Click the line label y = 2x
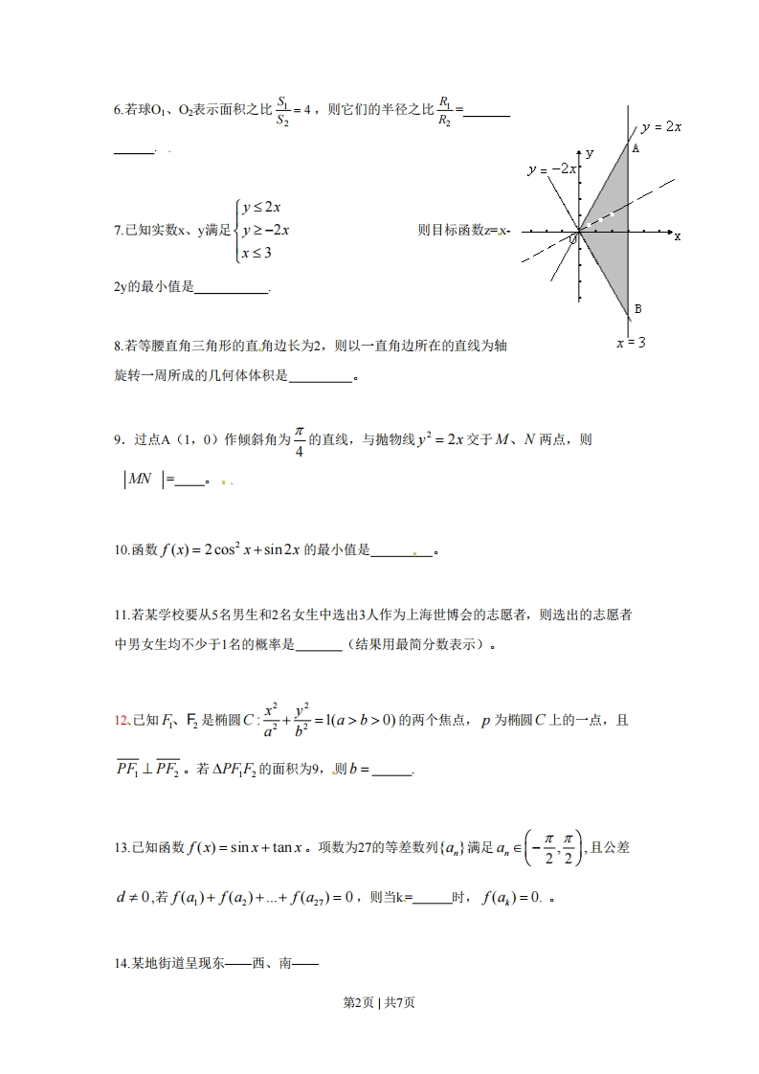(661, 127)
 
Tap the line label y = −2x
(552, 168)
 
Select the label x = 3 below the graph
(631, 342)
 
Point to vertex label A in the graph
(636, 148)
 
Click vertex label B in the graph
(638, 308)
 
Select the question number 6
(118, 111)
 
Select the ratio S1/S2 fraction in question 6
(282, 110)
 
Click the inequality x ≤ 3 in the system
(257, 253)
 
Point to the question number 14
(121, 965)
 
